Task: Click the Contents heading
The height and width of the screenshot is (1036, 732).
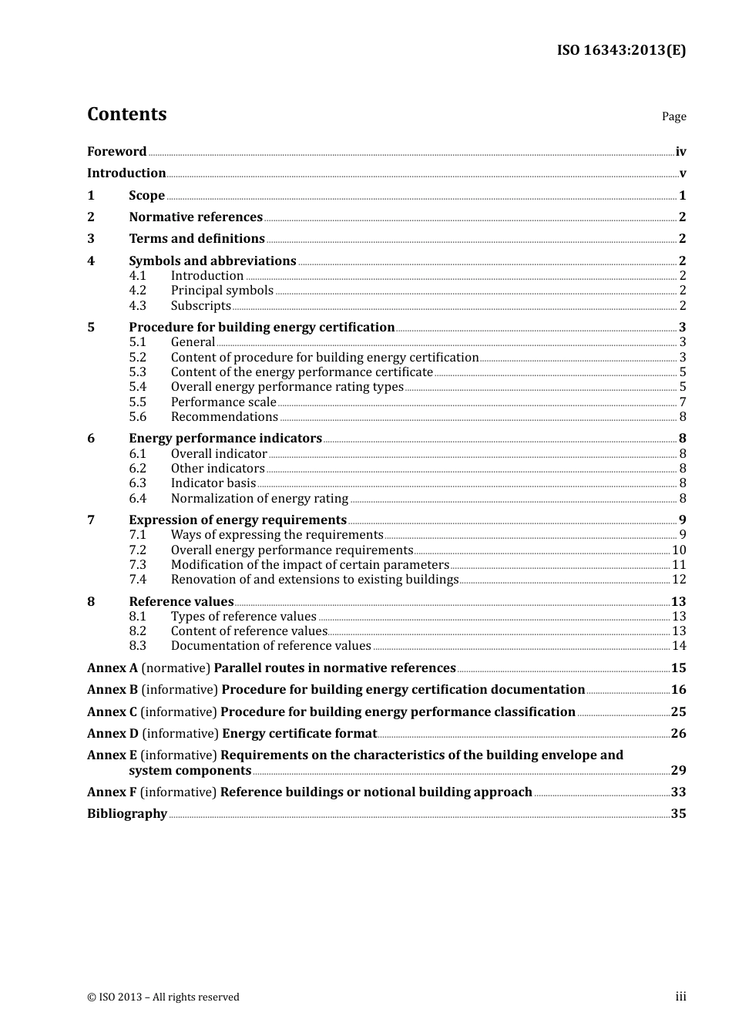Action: (126, 114)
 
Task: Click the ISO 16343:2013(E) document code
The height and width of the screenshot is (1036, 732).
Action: (621, 51)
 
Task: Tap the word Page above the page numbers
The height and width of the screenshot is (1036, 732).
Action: (673, 116)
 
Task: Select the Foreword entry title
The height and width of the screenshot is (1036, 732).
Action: (116, 152)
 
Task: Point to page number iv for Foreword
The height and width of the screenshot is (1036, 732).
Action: (680, 152)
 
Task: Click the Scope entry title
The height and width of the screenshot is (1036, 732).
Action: (146, 196)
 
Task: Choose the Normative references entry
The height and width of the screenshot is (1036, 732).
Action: (196, 217)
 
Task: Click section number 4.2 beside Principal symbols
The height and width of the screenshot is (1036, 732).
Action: (137, 291)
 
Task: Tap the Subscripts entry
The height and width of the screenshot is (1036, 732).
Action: (200, 306)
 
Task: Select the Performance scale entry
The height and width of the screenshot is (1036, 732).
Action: (223, 402)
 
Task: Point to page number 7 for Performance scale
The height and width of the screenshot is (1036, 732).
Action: (683, 402)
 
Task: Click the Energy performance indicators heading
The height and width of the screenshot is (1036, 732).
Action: (225, 439)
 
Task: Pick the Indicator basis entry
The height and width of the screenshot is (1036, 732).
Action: (213, 483)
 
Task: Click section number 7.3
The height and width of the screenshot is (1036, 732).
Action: (137, 565)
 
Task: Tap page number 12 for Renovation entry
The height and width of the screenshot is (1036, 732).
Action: (679, 580)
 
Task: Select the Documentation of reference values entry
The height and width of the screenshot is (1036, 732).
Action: (270, 646)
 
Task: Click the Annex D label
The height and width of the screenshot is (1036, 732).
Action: (112, 734)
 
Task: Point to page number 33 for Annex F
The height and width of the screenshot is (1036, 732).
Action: (678, 792)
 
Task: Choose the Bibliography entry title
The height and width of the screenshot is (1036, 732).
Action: (127, 814)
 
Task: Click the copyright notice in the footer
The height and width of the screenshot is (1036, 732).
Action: (163, 997)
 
